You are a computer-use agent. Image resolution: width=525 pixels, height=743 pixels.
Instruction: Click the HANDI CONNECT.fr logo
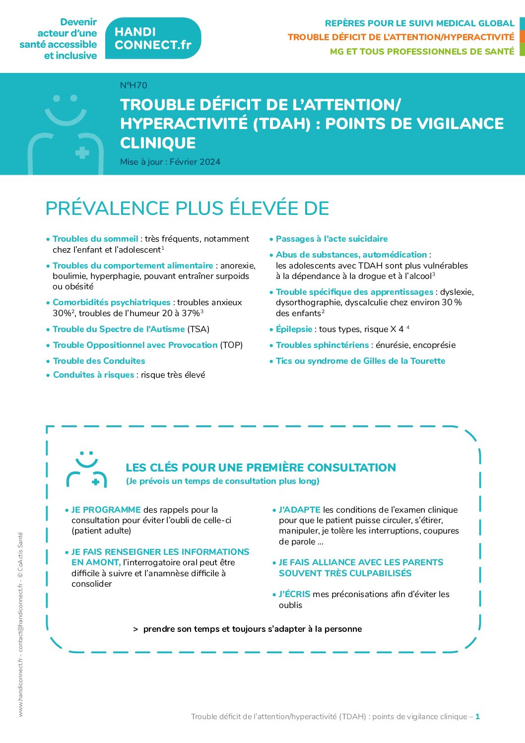[153, 38]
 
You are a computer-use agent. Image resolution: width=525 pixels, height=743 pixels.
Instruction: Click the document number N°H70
[133, 85]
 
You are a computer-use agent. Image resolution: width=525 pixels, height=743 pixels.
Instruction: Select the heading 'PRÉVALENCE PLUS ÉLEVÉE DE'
[187, 208]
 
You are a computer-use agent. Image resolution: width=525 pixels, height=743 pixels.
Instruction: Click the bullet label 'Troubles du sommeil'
[95, 239]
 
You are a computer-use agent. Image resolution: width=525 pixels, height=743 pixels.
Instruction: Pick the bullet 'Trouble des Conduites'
[99, 361]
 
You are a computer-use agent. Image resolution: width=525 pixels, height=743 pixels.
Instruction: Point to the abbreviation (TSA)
[198, 329]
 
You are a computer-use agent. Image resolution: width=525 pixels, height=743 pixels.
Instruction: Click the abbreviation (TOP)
[231, 345]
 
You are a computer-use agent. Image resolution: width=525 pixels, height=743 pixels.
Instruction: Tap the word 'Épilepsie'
[294, 329]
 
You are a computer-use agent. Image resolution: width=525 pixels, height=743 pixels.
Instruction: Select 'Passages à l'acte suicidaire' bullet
[331, 239]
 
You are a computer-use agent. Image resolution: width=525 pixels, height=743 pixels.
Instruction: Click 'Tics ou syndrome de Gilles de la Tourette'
[360, 361]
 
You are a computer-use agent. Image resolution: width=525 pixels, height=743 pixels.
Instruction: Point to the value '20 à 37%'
[181, 313]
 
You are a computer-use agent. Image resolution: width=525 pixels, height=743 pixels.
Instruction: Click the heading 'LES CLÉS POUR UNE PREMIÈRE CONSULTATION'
[261, 468]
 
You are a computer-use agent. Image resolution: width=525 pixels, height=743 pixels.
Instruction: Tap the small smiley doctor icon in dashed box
[87, 469]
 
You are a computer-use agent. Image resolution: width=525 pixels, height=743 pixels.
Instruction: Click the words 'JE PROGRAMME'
[106, 510]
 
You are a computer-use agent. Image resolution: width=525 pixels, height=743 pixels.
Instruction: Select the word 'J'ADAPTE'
[299, 510]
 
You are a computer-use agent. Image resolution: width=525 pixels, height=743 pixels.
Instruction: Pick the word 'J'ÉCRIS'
[294, 594]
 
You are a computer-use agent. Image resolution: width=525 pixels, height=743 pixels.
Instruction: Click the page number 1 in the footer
[477, 716]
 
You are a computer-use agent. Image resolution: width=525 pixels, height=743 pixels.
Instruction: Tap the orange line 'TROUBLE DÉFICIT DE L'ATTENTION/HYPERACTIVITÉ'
[400, 37]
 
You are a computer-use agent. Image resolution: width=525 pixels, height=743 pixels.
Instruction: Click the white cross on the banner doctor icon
[82, 152]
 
